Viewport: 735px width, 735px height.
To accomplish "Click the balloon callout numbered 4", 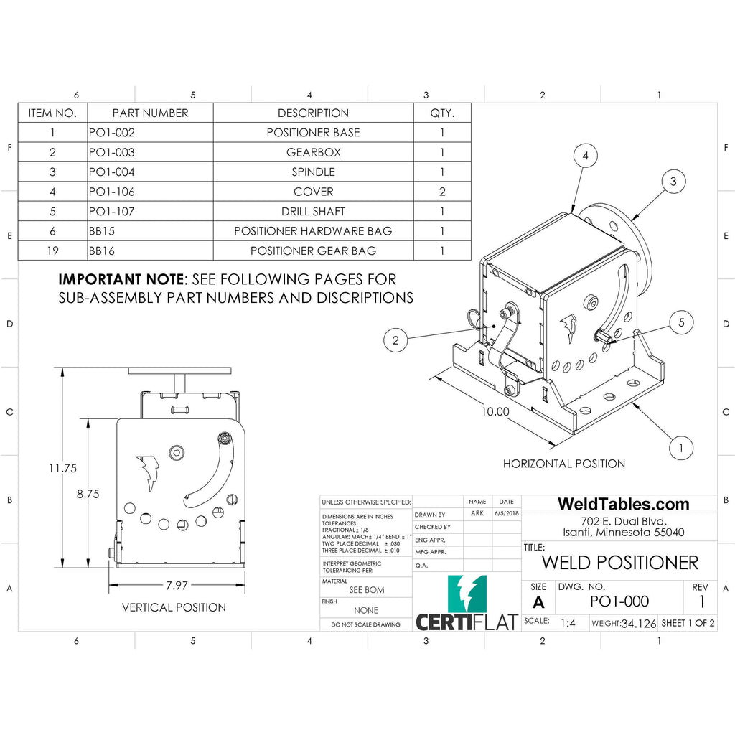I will (x=586, y=156).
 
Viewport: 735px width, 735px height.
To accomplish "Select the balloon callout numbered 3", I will (x=673, y=182).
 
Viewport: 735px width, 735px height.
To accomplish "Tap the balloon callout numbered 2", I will (x=395, y=340).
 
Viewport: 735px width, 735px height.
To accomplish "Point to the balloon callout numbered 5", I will (x=681, y=323).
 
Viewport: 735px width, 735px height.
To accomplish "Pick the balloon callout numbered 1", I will (x=680, y=449).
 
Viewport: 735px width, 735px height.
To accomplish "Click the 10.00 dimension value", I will (x=495, y=411).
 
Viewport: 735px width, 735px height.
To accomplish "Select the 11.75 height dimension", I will (x=62, y=468).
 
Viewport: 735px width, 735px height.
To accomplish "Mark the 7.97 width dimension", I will (x=177, y=586).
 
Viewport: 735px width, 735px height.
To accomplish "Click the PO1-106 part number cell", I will (x=112, y=192).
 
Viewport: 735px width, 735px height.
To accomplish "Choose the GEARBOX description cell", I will (x=313, y=152).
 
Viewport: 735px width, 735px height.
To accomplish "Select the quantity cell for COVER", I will (x=442, y=192).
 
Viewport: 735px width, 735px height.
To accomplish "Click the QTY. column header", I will (x=442, y=113).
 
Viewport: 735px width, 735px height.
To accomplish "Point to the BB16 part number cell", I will (x=102, y=251).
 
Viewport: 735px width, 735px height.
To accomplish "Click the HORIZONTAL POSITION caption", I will (x=563, y=464).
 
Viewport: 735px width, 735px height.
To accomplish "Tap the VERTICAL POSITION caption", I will (x=174, y=607).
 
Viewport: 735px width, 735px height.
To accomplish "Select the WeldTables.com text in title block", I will (x=623, y=504).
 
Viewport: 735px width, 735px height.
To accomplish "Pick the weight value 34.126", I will (x=639, y=624).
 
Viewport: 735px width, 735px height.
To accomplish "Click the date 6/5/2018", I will (x=506, y=514).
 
